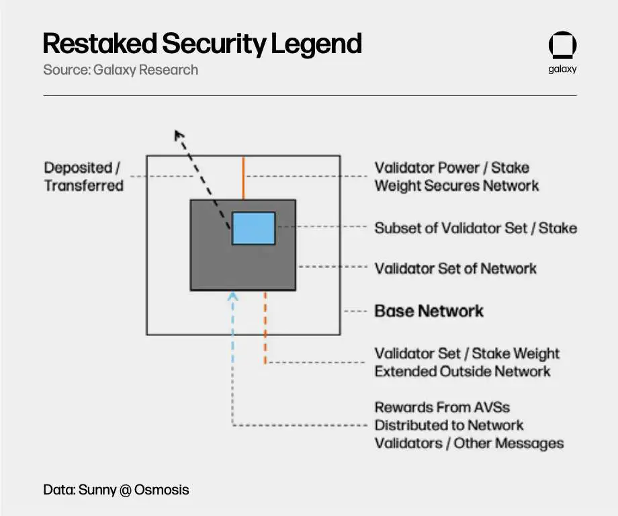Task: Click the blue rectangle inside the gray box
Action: [253, 228]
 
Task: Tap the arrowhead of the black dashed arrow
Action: [179, 135]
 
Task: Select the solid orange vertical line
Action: [243, 177]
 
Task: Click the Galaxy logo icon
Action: [562, 46]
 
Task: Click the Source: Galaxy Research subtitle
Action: [120, 69]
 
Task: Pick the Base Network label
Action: [429, 311]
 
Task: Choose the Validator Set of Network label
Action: [455, 269]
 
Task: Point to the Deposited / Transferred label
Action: [84, 177]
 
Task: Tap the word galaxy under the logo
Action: [562, 69]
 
